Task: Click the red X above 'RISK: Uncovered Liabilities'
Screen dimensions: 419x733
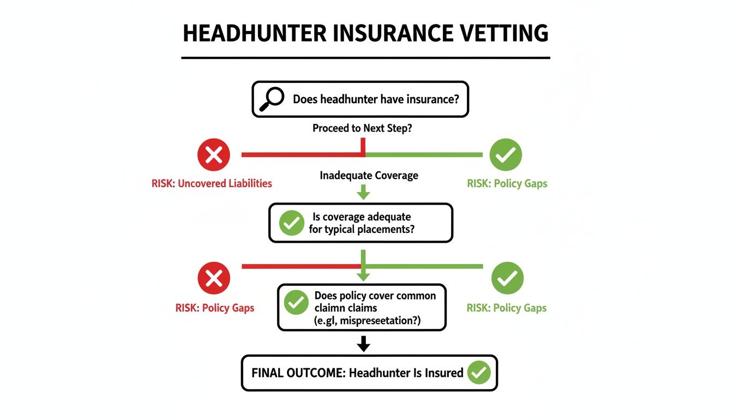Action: tap(214, 155)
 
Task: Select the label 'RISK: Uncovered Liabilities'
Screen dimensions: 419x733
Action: tap(212, 183)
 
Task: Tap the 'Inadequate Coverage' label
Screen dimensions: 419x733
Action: tap(369, 176)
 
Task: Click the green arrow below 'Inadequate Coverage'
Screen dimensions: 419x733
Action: tap(363, 191)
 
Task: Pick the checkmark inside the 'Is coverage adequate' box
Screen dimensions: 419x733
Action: tap(291, 223)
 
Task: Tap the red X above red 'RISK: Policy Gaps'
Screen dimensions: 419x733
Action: tap(214, 279)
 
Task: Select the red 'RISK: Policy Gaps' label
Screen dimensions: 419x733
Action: tap(214, 308)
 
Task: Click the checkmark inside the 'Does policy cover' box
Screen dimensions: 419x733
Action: tap(297, 302)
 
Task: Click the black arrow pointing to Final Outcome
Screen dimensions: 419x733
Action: tap(363, 344)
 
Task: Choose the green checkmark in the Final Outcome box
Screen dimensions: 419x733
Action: tap(479, 373)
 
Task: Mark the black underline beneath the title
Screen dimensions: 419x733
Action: tap(365, 57)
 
